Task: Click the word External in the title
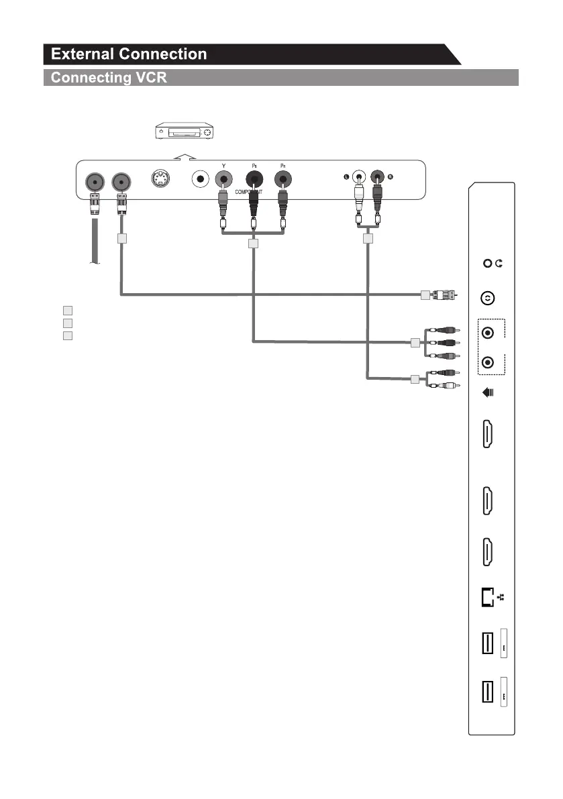click(87, 54)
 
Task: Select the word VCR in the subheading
click(148, 78)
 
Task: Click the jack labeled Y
click(223, 180)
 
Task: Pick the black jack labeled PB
click(254, 180)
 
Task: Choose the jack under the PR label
click(284, 180)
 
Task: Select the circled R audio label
click(390, 177)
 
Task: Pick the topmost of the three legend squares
click(66, 311)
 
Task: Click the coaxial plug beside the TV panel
click(446, 295)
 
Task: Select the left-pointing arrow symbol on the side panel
click(489, 395)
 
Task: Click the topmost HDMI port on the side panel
click(488, 434)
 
